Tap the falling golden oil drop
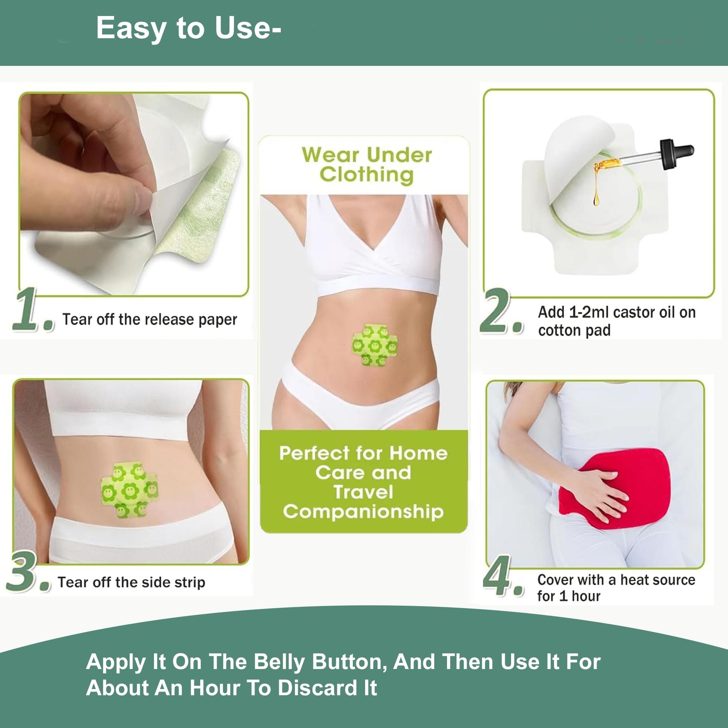pos(596,199)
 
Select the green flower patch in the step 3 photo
pos(130,490)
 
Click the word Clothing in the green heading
pos(366,175)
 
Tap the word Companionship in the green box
pos(363,512)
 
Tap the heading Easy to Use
pos(189,29)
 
